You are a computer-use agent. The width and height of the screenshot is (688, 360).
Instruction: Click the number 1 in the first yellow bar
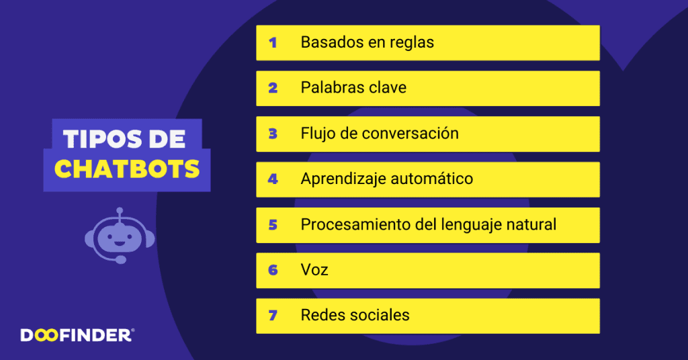tap(273, 42)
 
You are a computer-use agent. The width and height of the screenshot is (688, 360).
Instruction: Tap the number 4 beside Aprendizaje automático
tap(273, 179)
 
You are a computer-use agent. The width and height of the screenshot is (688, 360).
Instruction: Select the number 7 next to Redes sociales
tap(273, 315)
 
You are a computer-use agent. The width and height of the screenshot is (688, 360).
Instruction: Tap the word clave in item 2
tap(388, 88)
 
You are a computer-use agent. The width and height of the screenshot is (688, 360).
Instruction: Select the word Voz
tap(314, 270)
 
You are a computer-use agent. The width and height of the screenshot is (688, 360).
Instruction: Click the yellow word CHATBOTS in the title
tap(127, 169)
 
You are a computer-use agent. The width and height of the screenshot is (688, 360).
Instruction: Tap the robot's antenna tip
tap(120, 211)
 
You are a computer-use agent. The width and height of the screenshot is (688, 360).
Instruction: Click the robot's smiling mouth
tap(120, 242)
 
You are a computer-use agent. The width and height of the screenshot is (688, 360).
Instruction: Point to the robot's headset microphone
tap(121, 259)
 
